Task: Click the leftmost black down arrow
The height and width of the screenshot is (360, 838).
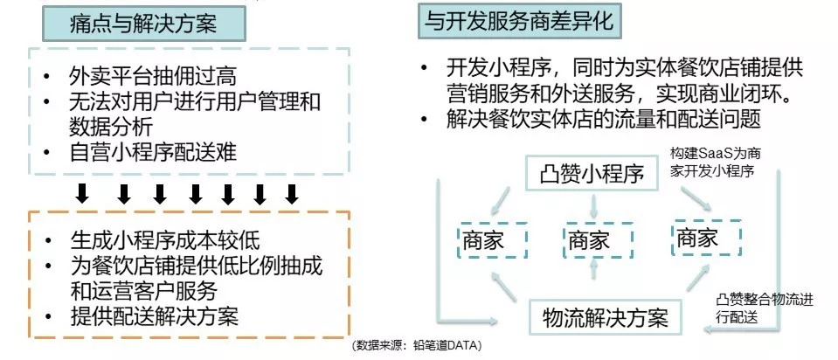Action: click(x=83, y=192)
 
